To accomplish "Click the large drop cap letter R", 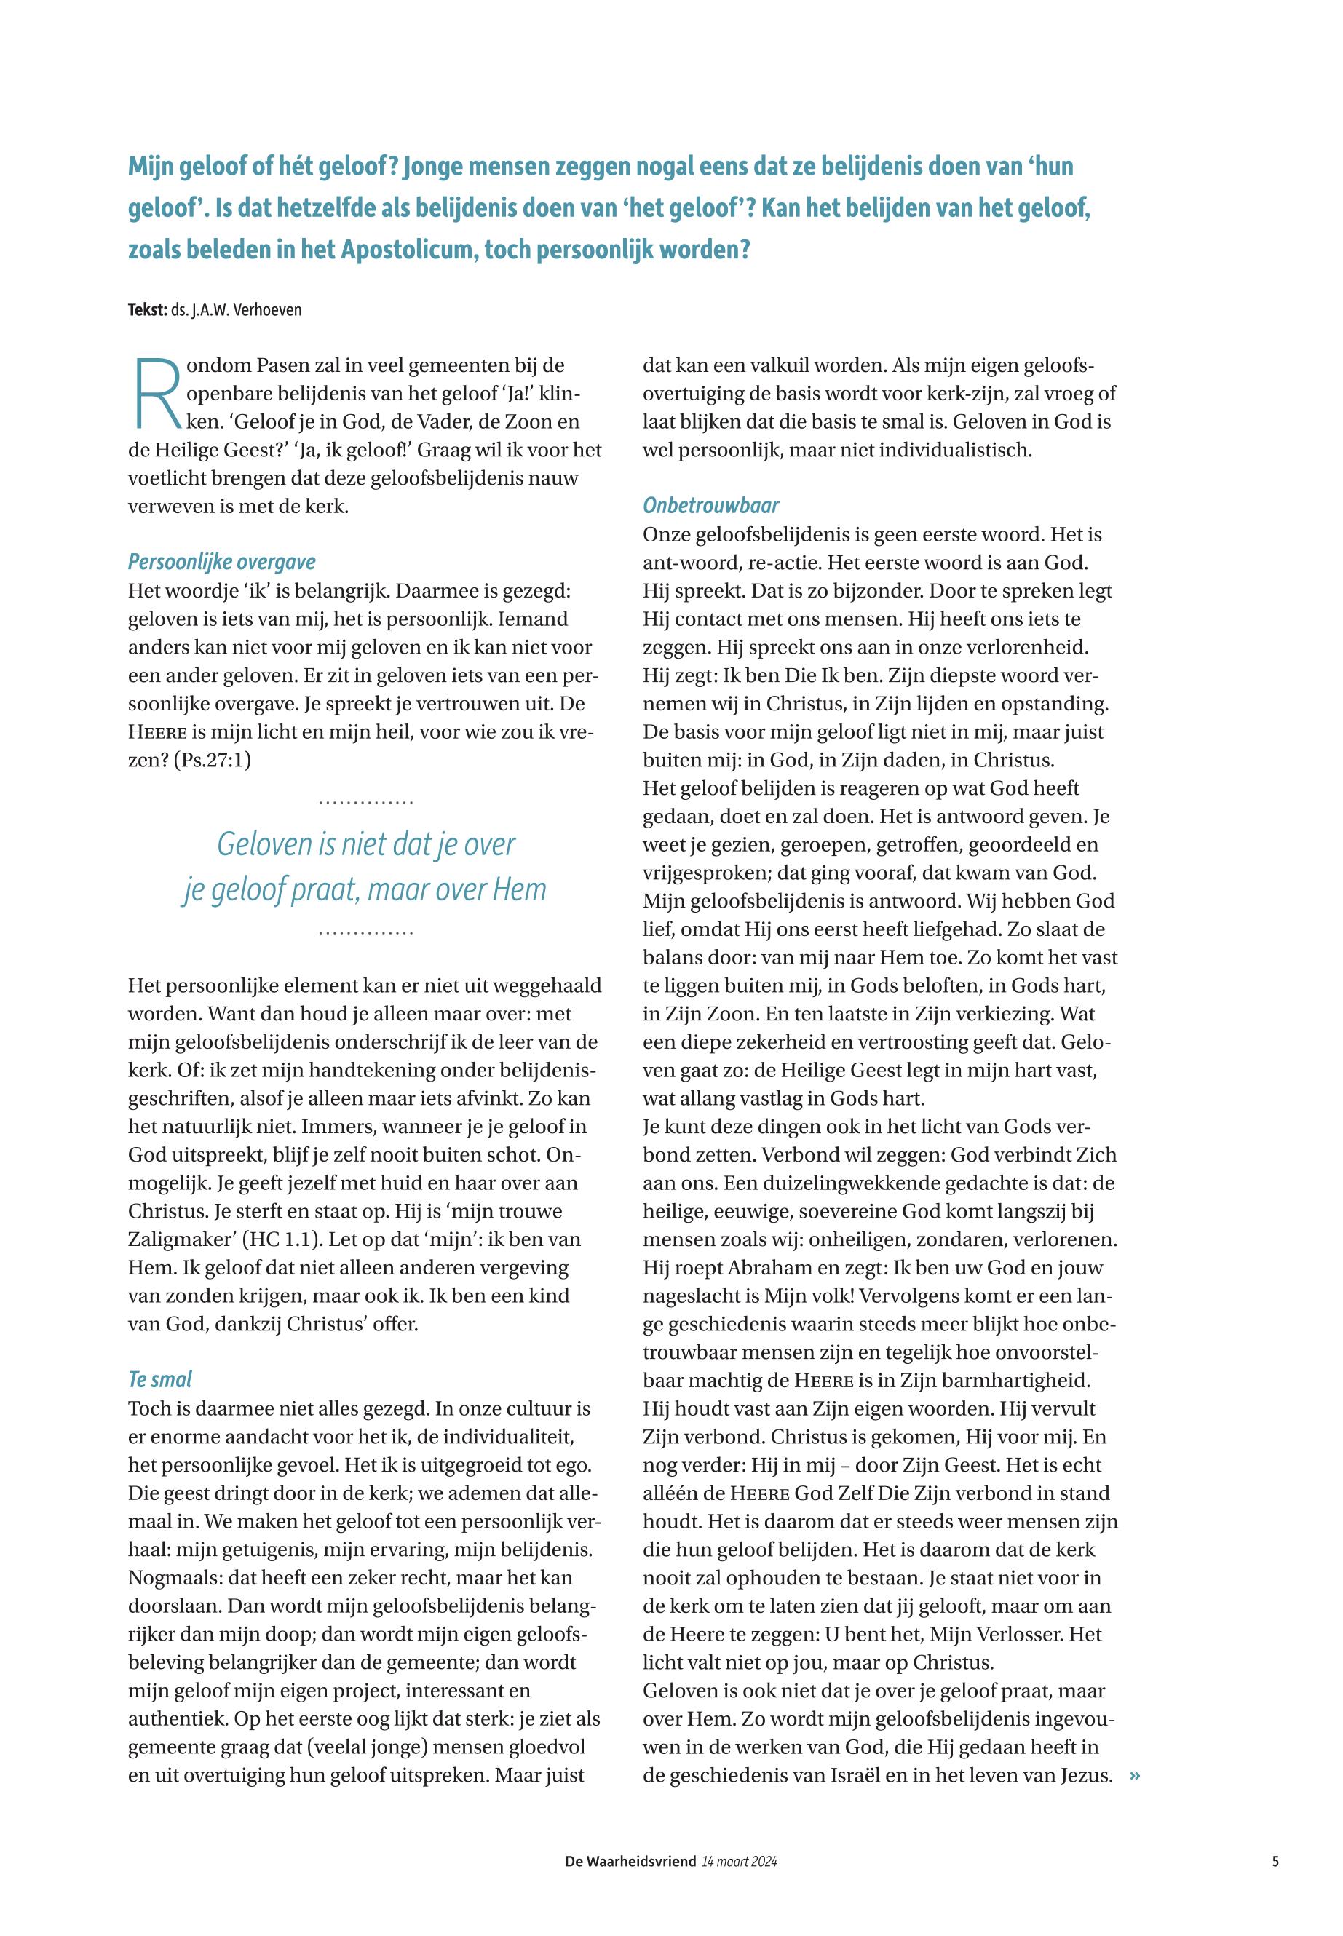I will click(157, 393).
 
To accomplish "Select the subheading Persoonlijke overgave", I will click(221, 561).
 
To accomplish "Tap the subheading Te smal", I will click(160, 1379).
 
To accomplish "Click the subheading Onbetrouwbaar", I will click(711, 505).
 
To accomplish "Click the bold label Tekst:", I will click(147, 309).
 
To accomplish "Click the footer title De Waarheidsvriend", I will click(630, 1861).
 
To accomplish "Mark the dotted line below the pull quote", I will click(366, 933).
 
